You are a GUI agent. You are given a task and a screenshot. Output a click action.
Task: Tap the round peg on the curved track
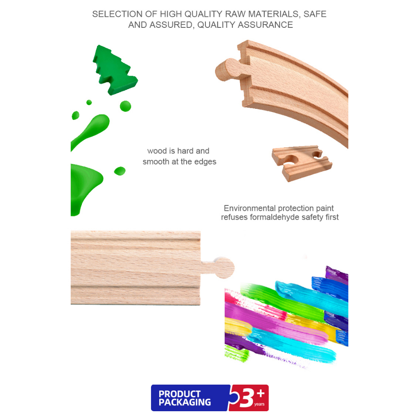227,70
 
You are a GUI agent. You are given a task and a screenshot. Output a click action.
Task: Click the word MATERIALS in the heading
274,14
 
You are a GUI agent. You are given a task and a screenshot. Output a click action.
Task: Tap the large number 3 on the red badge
246,398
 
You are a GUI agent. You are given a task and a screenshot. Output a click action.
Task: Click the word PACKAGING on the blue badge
185,402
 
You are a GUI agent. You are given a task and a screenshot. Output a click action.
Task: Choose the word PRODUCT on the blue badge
179,394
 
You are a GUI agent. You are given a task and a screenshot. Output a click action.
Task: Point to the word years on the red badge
259,404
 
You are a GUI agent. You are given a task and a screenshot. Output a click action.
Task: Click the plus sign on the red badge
260,393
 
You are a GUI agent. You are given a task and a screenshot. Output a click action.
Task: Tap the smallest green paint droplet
89,102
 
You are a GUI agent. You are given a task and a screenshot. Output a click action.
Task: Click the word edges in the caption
205,162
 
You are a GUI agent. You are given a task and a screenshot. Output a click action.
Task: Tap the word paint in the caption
324,208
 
